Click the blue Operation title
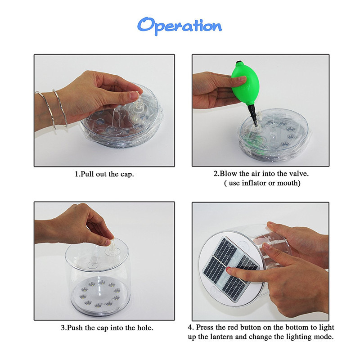[x=180, y=26]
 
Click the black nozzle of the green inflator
[x=253, y=115]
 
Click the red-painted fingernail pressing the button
[x=229, y=269]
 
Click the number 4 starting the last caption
[x=189, y=328]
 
